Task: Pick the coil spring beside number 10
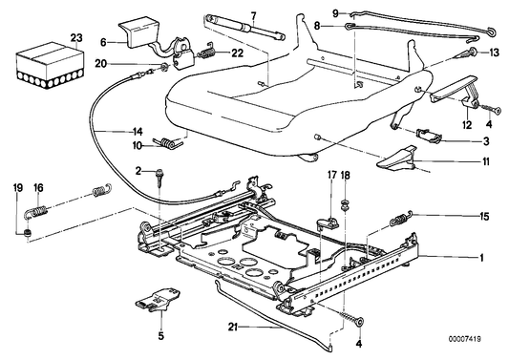[x=171, y=144]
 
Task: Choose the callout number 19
[x=17, y=188]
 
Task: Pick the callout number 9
[x=335, y=12]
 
